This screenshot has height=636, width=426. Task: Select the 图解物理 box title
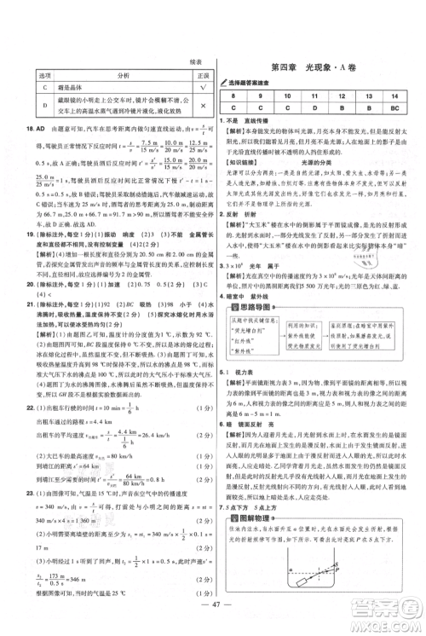261,531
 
